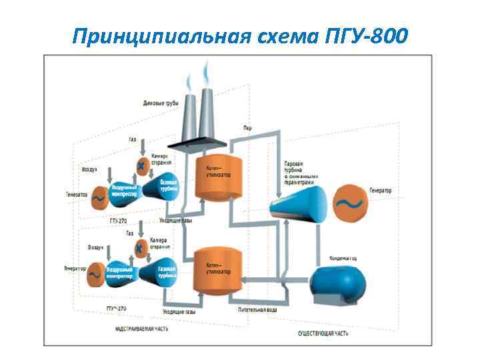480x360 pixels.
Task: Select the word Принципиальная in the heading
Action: pyautogui.click(x=155, y=34)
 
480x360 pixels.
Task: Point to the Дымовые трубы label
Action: pyautogui.click(x=160, y=103)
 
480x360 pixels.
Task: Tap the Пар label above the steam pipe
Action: pyautogui.click(x=247, y=127)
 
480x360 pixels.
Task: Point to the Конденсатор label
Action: pyautogui.click(x=343, y=258)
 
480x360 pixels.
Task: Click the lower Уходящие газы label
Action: pyautogui.click(x=179, y=311)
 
